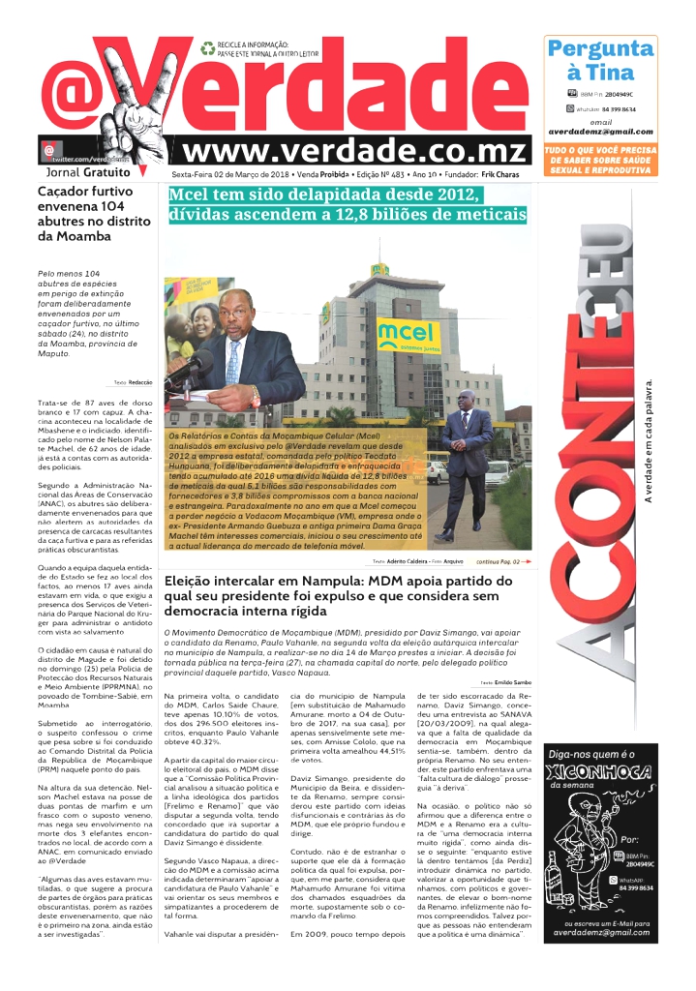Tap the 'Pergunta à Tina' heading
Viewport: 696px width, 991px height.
599,60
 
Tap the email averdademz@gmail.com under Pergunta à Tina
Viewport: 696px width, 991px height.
599,132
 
